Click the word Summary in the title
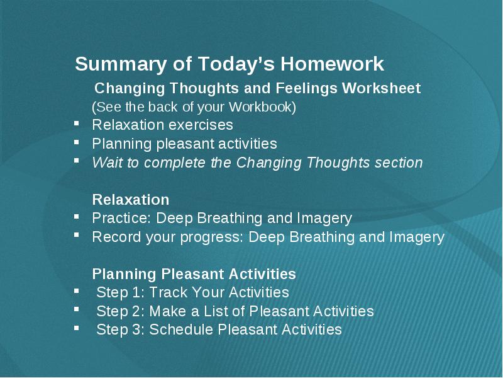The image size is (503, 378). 121,65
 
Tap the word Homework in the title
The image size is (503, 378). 333,64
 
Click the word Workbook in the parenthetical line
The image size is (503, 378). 262,106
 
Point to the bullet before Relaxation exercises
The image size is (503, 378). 76,123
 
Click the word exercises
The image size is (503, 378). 201,125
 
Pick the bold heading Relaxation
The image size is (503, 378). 131,200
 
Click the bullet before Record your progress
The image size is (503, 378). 76,235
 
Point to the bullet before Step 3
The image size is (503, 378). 76,328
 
